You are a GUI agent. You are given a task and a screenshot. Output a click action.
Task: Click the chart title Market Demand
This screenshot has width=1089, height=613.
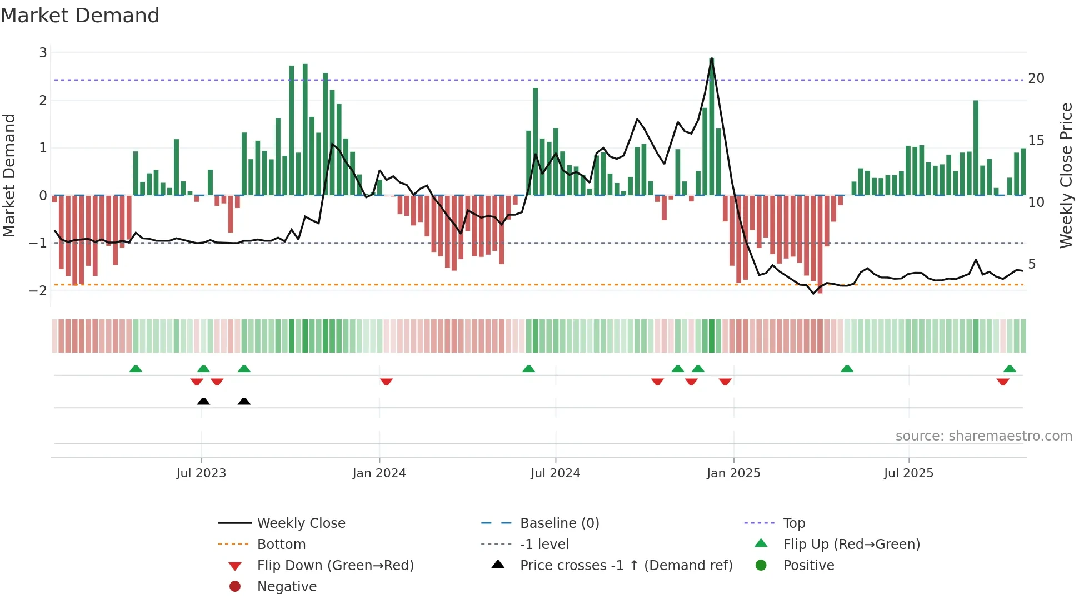(80, 16)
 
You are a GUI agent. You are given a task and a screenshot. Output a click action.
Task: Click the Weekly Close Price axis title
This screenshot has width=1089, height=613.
(1066, 175)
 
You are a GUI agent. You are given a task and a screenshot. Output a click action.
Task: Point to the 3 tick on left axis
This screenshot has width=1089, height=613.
(43, 53)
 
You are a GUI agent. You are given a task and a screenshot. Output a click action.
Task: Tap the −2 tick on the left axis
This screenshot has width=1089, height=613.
(38, 290)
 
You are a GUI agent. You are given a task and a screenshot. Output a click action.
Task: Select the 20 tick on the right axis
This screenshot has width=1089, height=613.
(1036, 78)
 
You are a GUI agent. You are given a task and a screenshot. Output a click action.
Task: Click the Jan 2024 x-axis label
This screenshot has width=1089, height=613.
(379, 473)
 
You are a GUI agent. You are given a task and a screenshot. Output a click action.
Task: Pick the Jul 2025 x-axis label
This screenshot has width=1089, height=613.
(908, 473)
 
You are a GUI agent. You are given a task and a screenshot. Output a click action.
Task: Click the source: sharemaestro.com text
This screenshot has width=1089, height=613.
(983, 436)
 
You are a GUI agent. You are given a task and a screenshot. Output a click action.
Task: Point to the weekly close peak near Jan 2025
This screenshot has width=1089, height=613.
(712, 59)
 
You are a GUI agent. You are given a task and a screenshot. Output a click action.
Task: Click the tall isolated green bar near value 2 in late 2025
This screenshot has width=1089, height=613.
(976, 147)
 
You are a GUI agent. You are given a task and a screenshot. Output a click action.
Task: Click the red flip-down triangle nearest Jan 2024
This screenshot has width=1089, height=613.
(386, 382)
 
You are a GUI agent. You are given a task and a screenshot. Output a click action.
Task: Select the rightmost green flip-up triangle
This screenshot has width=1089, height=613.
(1010, 369)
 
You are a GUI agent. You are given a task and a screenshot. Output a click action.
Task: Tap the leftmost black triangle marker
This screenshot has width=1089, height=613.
(203, 401)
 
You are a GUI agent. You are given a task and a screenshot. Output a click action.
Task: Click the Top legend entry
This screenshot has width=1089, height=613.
(793, 523)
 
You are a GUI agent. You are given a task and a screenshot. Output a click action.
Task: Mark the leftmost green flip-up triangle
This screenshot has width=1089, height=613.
(136, 369)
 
